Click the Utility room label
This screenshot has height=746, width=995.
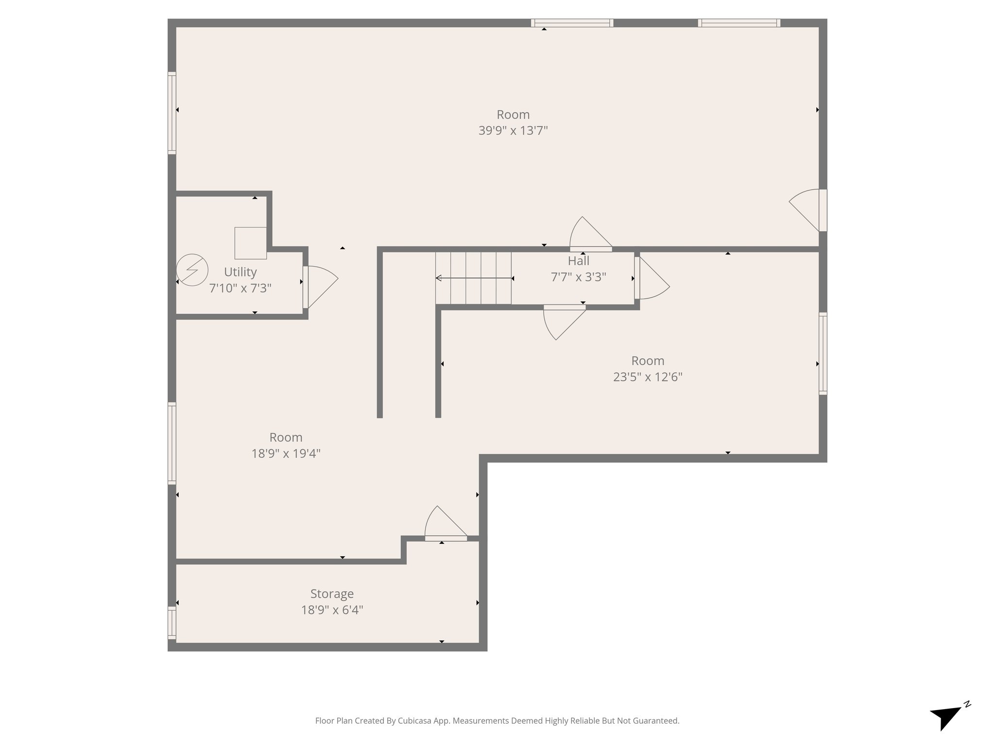coord(240,272)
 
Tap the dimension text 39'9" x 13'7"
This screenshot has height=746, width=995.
coord(513,131)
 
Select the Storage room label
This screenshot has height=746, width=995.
coord(332,593)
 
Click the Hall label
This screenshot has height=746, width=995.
coord(578,261)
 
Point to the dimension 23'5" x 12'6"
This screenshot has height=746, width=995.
coord(647,377)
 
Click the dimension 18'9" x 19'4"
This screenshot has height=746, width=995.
coord(286,454)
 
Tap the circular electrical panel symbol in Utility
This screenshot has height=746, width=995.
coord(192,270)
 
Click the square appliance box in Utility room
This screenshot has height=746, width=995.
coord(250,243)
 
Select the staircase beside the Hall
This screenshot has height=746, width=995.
coord(473,278)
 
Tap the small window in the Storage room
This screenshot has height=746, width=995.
coord(172,622)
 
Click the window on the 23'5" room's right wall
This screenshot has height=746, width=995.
coord(823,353)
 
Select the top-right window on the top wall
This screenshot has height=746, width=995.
coord(739,22)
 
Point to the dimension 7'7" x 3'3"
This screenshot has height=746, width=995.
coord(578,277)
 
